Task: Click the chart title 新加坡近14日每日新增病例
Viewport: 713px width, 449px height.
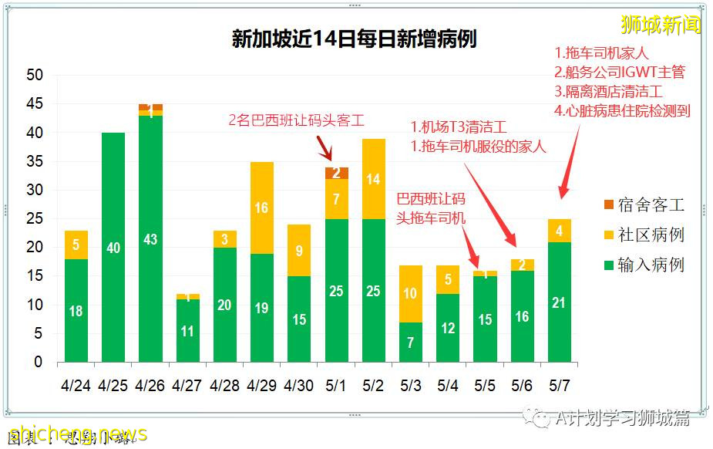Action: point(354,39)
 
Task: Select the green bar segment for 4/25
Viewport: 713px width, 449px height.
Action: point(113,247)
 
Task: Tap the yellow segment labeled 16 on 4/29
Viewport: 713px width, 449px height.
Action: point(262,208)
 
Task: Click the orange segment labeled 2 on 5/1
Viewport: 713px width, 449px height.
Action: point(337,173)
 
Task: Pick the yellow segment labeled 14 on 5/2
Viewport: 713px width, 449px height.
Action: point(374,180)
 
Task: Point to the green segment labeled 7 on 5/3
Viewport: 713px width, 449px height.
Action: point(411,342)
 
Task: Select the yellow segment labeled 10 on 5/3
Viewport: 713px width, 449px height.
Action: point(411,294)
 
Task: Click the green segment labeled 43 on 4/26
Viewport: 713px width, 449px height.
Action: point(150,239)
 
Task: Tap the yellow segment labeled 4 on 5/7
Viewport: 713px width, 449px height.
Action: point(560,231)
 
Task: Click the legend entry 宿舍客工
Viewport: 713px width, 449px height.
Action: point(644,205)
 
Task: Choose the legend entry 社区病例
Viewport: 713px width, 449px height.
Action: point(644,235)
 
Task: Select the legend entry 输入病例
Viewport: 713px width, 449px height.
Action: point(644,265)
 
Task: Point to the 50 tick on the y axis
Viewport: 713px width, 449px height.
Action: point(34,76)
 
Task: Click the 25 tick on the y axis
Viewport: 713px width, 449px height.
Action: point(34,219)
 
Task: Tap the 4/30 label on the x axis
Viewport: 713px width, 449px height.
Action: point(299,385)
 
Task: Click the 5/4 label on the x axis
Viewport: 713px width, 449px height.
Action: point(448,385)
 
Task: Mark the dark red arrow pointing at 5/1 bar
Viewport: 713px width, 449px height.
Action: point(325,147)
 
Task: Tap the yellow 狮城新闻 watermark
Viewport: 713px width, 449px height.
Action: point(661,25)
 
